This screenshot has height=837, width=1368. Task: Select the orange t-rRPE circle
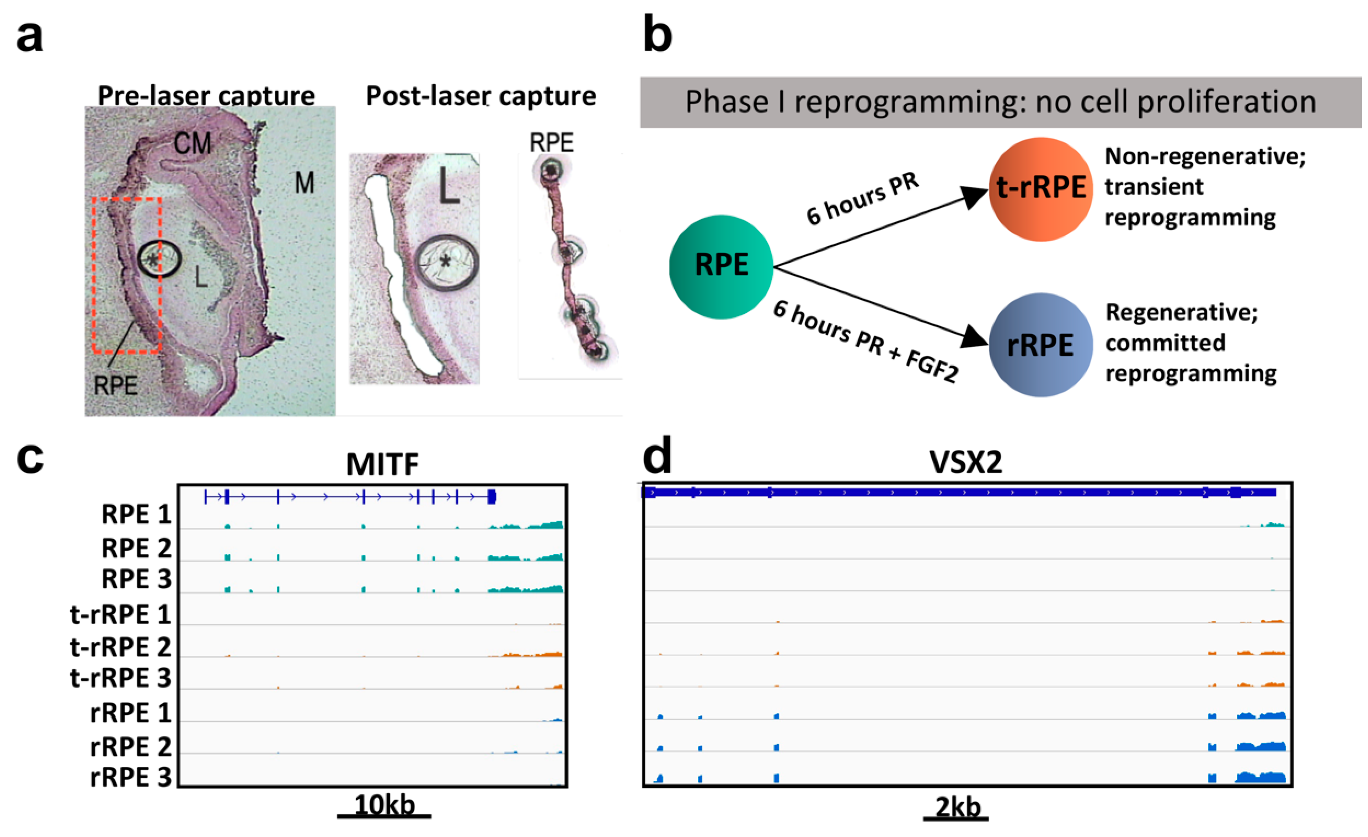click(x=1041, y=189)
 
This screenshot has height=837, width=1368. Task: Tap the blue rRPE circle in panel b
click(x=1041, y=345)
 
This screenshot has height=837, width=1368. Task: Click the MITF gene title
click(x=383, y=464)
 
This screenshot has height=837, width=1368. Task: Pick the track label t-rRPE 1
click(x=120, y=615)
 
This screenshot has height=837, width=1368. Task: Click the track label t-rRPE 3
click(x=120, y=678)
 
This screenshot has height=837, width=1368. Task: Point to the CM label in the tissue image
click(x=193, y=144)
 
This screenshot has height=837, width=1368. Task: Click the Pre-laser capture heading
click(x=206, y=95)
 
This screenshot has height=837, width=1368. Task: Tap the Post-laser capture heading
click(x=481, y=95)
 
